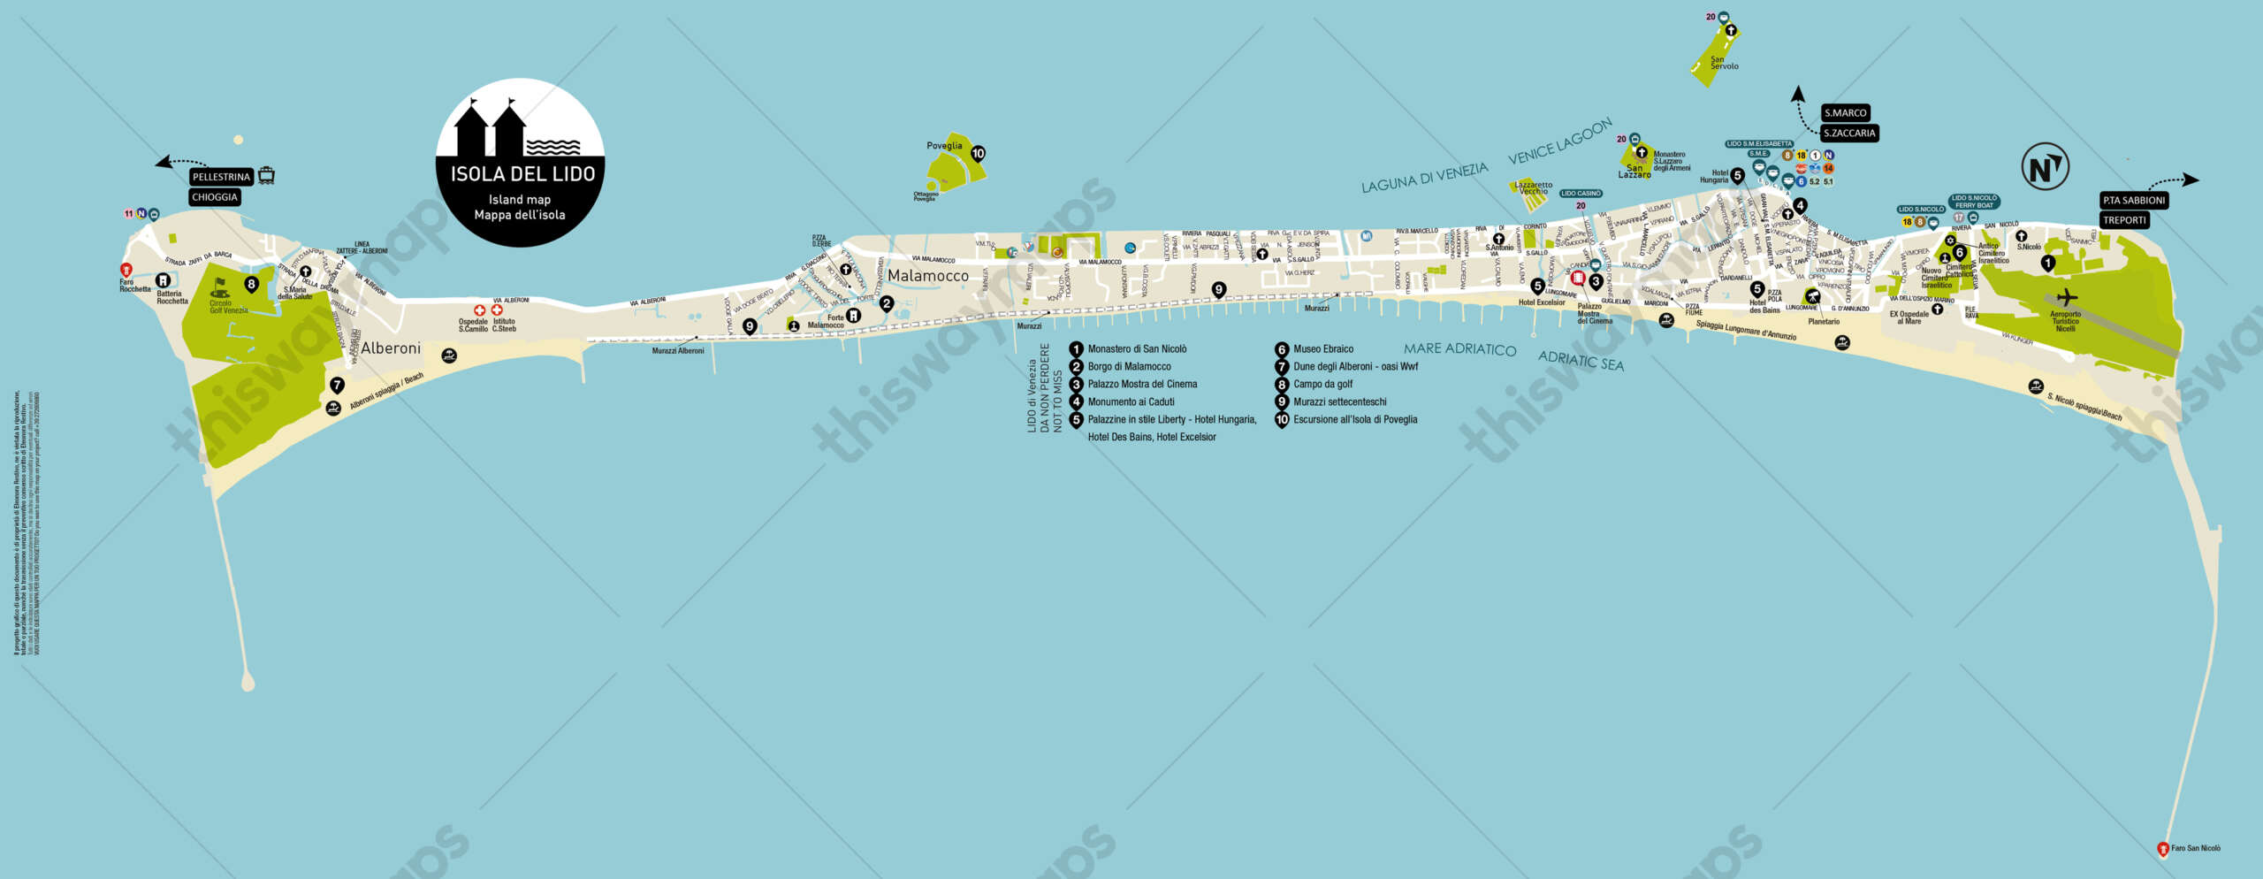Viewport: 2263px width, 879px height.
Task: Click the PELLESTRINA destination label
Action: click(x=221, y=177)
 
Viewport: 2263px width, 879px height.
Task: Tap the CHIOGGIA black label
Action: click(x=215, y=197)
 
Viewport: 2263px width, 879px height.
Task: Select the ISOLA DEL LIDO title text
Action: click(x=522, y=174)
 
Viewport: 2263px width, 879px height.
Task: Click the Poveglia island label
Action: click(x=944, y=146)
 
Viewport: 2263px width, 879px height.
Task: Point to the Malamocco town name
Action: click(x=927, y=276)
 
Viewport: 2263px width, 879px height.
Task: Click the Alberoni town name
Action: click(x=390, y=348)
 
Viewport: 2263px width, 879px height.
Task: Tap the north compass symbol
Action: click(x=2045, y=167)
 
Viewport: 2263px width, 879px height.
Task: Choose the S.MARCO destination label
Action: click(x=1845, y=113)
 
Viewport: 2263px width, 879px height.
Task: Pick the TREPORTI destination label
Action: click(x=2124, y=220)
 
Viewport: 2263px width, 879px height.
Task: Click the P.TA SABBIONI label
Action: click(x=2134, y=201)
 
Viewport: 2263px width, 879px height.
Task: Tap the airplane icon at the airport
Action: click(x=2067, y=297)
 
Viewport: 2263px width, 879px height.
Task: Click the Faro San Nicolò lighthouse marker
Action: click(x=2163, y=849)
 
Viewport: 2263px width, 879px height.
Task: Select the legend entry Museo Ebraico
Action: click(x=1322, y=349)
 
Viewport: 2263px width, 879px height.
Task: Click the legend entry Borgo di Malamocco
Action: click(x=1129, y=367)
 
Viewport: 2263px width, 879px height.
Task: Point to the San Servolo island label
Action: click(x=1724, y=63)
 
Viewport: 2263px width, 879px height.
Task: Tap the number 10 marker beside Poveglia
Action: click(x=978, y=154)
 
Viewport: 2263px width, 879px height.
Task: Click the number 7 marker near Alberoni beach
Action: click(x=337, y=386)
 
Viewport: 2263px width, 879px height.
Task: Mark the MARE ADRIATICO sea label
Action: click(x=1459, y=349)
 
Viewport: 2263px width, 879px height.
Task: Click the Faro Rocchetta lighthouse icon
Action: click(x=126, y=270)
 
